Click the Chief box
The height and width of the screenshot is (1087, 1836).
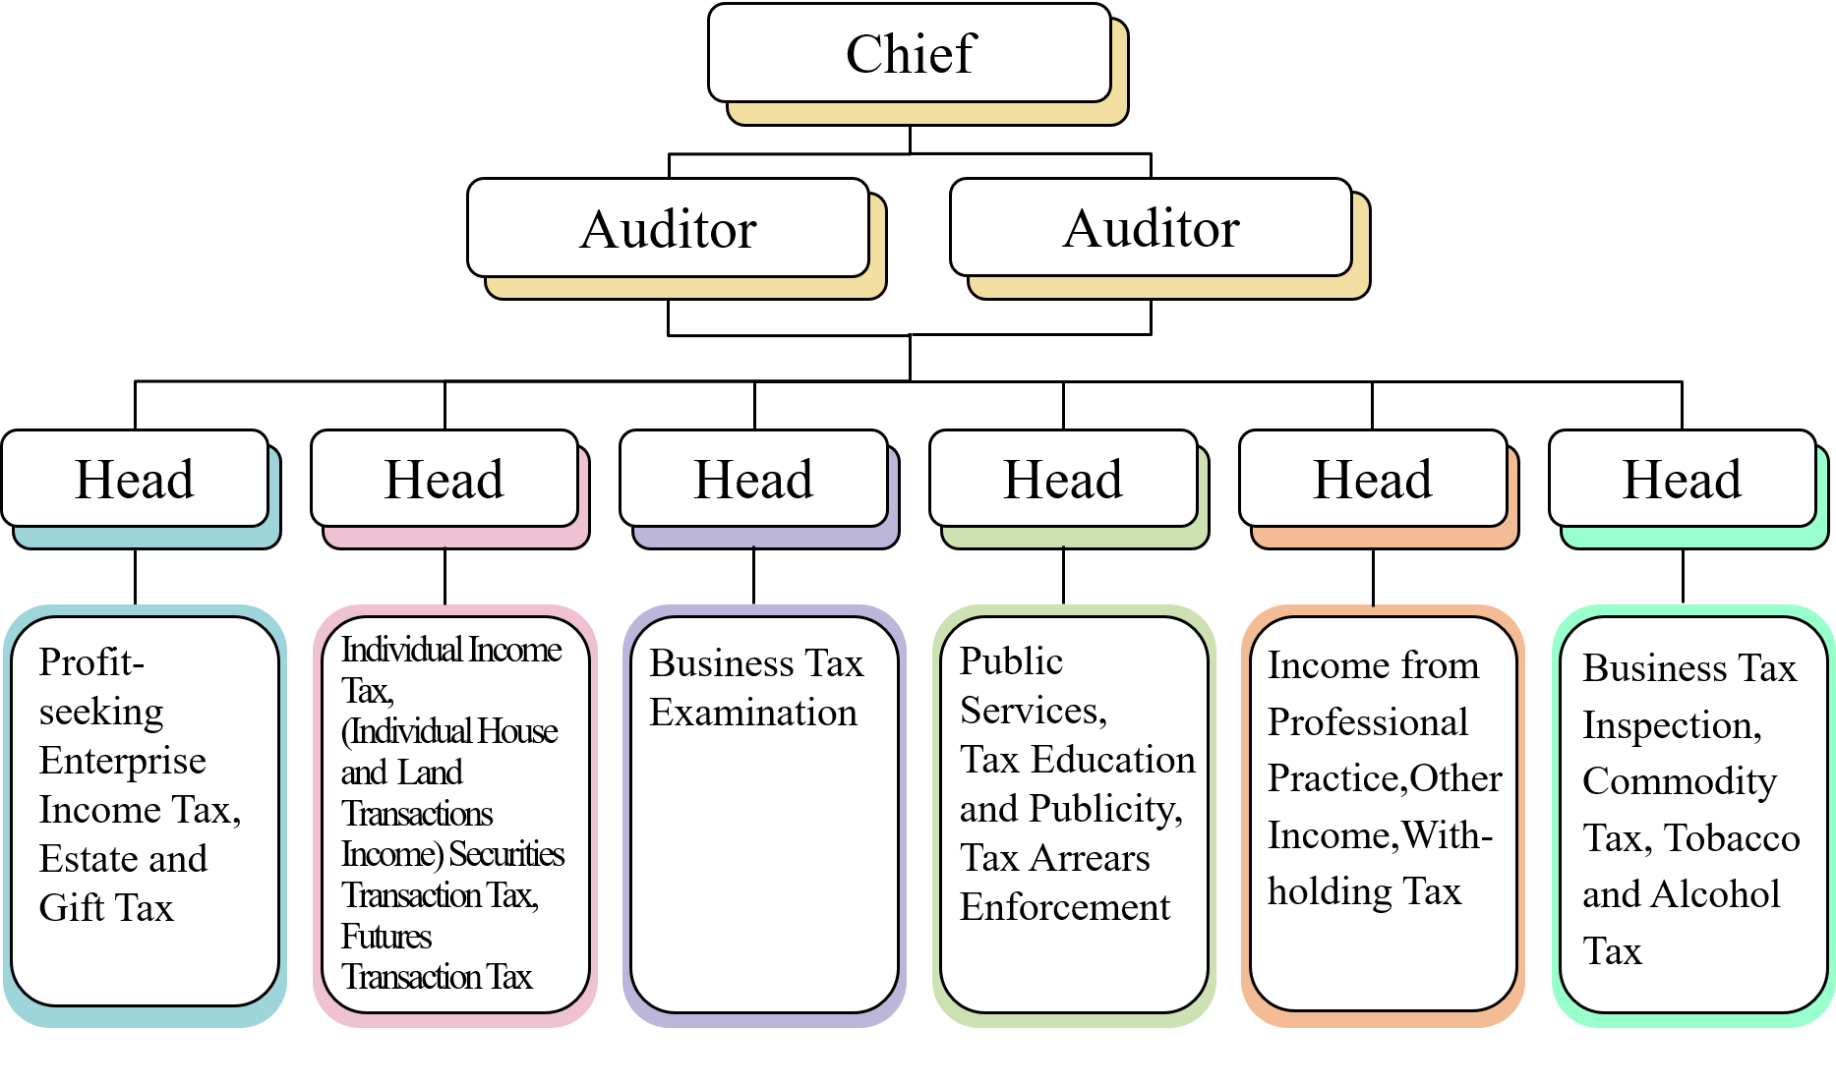click(x=910, y=53)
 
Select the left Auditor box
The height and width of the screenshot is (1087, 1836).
click(x=669, y=228)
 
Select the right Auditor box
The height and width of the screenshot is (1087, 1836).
click(x=1151, y=227)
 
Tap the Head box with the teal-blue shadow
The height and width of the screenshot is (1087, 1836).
click(x=135, y=480)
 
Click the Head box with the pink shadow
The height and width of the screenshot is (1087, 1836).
click(x=444, y=480)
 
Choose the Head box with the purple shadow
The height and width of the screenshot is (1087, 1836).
click(x=753, y=480)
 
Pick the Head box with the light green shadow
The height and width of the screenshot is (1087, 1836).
click(x=1063, y=480)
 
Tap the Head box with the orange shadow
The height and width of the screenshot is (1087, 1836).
click(x=1373, y=480)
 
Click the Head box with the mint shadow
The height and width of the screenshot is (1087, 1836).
click(x=1682, y=480)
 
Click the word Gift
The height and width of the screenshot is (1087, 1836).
click(x=72, y=908)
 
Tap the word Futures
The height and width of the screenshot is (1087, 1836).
click(x=386, y=937)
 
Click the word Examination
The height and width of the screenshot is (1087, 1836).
click(x=753, y=713)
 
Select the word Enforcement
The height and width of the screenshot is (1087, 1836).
click(x=1065, y=907)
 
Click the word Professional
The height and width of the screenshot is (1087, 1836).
click(x=1367, y=722)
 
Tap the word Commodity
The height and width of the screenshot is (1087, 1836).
click(x=1680, y=781)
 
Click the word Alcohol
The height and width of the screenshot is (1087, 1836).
click(x=1716, y=894)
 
